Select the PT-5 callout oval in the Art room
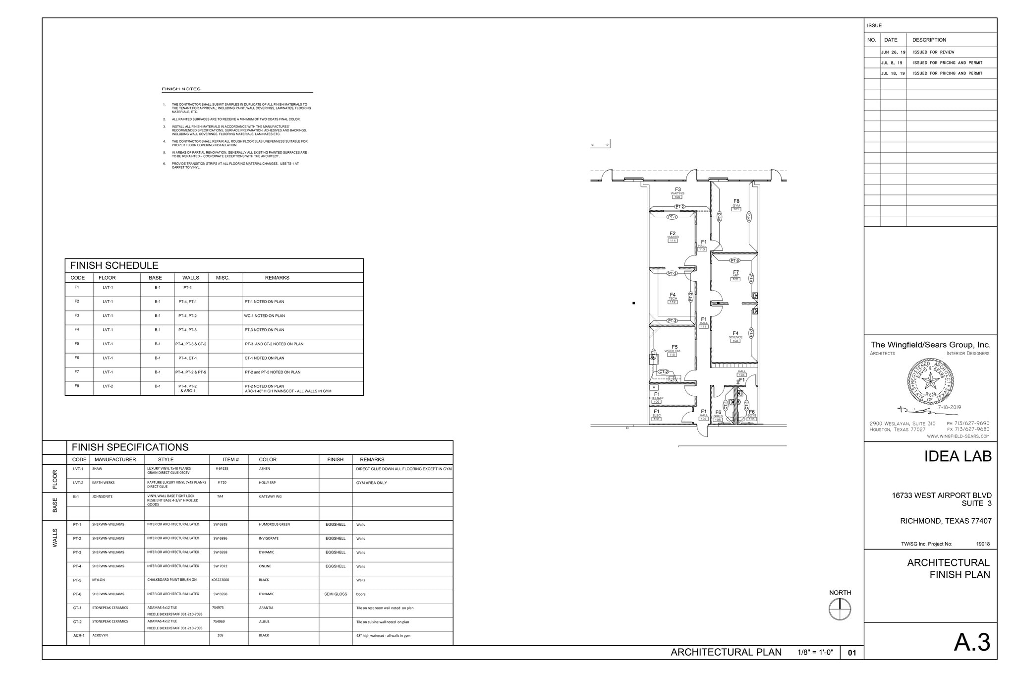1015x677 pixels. [x=734, y=260]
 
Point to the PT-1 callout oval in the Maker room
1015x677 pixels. [x=672, y=217]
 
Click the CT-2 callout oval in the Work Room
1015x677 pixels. [x=664, y=371]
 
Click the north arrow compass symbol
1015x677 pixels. [x=840, y=609]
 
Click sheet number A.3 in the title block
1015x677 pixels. [x=972, y=642]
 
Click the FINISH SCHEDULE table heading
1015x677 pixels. [x=114, y=265]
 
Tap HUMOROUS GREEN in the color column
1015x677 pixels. [x=274, y=524]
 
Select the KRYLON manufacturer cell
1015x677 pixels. [x=98, y=580]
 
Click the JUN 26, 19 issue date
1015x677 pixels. [x=893, y=52]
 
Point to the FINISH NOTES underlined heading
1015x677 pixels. [x=181, y=89]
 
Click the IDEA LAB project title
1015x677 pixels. [x=958, y=456]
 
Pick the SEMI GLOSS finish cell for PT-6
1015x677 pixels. [x=336, y=594]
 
